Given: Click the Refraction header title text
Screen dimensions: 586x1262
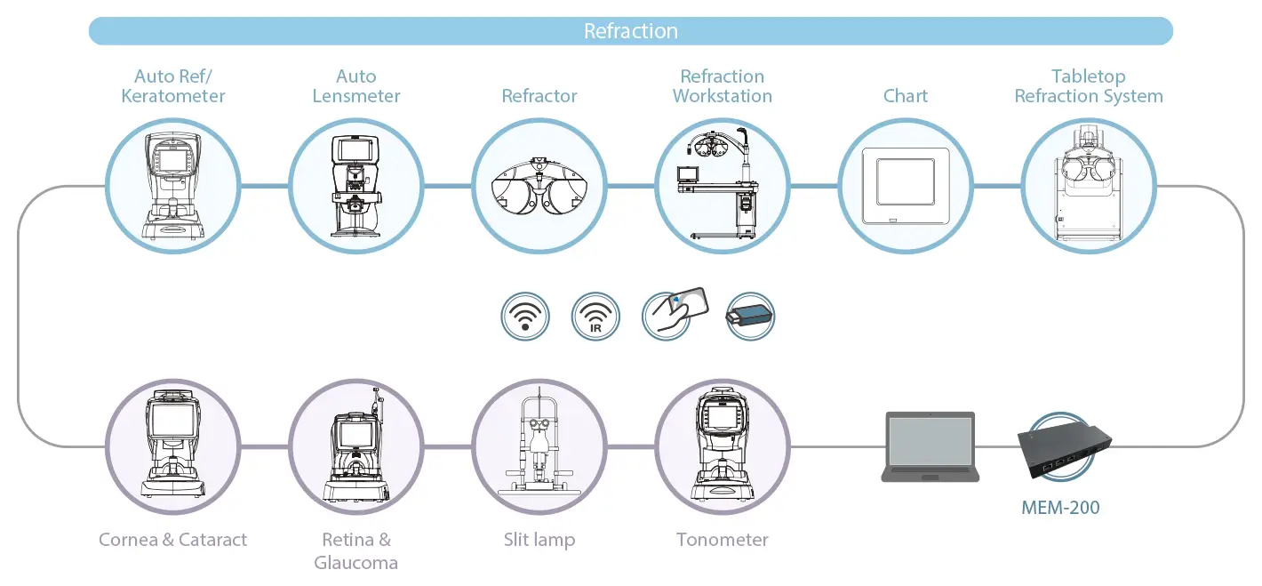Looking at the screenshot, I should pos(631,31).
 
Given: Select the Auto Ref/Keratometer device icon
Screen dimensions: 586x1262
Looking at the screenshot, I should pos(172,186).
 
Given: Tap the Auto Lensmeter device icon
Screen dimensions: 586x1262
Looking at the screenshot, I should pos(355,186).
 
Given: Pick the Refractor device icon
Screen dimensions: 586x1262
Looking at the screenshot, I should pos(539,186).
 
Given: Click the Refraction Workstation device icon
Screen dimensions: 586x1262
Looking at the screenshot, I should pos(722,186).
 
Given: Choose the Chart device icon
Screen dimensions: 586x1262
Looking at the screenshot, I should pos(905,186).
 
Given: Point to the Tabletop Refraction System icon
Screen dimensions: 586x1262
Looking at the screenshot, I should pos(1088,186).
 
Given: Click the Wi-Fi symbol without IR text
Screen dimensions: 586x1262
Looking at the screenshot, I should pos(525,317).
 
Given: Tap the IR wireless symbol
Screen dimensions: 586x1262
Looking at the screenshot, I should pos(595,317).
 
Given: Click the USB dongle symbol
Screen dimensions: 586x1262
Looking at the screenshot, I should pos(750,317).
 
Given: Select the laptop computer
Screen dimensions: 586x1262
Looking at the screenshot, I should pos(930,446).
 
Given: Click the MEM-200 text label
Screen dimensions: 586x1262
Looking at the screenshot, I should pos(1059,508).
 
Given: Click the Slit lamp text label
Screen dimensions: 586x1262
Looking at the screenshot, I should pos(539,540).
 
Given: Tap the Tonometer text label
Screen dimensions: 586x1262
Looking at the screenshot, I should pos(722,540).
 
